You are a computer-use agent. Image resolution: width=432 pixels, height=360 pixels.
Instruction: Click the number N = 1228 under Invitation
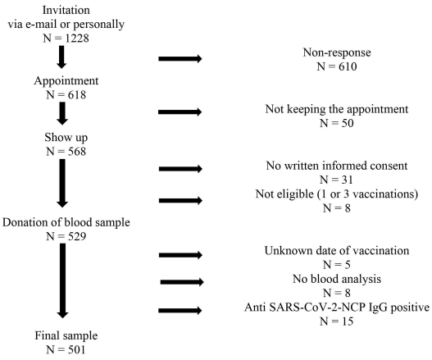point(66,39)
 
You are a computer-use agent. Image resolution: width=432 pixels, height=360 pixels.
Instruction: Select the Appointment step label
point(66,81)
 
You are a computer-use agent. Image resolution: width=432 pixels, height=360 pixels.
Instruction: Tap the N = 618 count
point(66,95)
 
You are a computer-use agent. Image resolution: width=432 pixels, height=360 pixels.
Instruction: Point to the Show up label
point(66,138)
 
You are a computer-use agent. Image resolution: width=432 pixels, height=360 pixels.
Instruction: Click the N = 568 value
point(66,152)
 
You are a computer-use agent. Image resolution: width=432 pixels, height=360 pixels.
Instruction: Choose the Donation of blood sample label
point(66,222)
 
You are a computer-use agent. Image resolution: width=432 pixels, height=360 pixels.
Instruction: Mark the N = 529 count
point(66,236)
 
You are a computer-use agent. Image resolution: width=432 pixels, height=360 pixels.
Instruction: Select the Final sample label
point(66,335)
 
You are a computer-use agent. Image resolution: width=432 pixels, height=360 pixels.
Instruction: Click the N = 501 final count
point(66,350)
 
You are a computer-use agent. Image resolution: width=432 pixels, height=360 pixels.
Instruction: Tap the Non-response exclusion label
point(337,52)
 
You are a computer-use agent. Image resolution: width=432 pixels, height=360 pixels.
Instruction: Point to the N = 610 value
point(337,66)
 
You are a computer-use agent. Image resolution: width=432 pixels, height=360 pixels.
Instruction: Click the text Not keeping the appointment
point(337,109)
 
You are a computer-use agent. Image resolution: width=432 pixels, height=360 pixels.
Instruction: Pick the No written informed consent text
point(337,166)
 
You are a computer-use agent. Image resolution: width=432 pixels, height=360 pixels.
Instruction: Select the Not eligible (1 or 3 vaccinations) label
point(337,194)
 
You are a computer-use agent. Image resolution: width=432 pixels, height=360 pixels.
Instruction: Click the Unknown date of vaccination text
point(337,251)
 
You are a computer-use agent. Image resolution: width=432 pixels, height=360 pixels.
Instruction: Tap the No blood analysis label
point(337,280)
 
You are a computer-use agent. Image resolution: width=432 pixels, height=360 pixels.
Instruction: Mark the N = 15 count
point(337,321)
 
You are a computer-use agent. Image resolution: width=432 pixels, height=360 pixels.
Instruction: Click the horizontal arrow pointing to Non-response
point(180,58)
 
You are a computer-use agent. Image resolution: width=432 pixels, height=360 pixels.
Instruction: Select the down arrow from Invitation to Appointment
point(61,57)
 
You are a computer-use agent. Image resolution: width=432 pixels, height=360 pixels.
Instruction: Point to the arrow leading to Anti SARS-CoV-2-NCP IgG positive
point(180,311)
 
